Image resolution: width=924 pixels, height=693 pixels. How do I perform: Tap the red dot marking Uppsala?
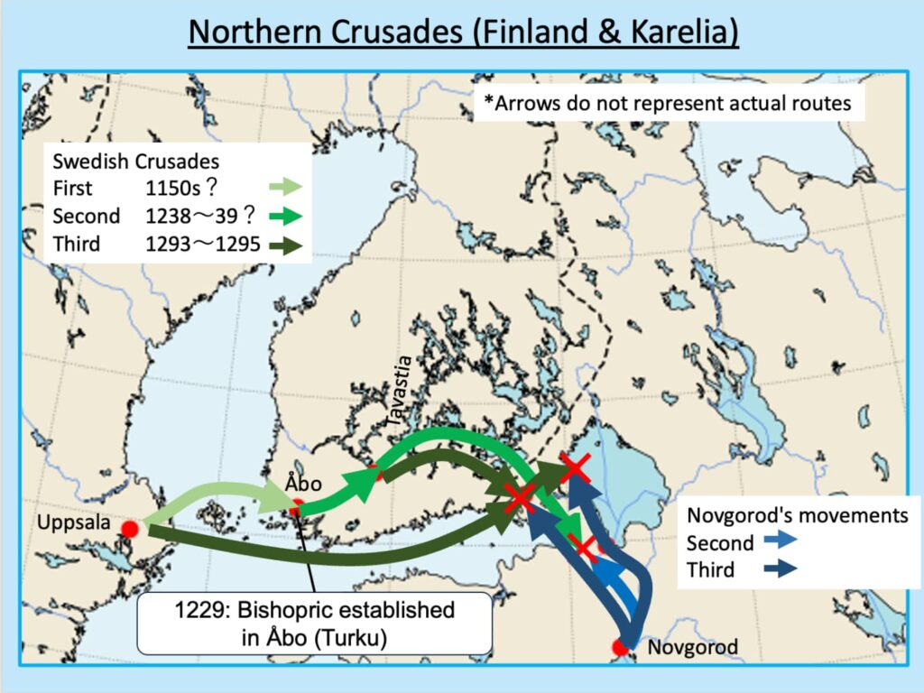pyautogui.click(x=130, y=528)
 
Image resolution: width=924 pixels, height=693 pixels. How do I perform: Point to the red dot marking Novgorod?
pyautogui.click(x=620, y=647)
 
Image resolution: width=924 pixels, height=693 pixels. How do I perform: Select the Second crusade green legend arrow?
pyautogui.click(x=287, y=216)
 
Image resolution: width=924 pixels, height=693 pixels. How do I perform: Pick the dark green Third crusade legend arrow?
pyautogui.click(x=287, y=244)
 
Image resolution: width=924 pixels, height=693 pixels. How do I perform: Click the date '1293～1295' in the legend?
pyautogui.click(x=203, y=244)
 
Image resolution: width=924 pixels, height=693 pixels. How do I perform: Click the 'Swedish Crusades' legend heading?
pyautogui.click(x=136, y=162)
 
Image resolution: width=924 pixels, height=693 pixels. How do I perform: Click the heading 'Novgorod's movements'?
pyautogui.click(x=797, y=515)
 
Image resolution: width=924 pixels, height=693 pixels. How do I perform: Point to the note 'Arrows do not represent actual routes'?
pyautogui.click(x=669, y=103)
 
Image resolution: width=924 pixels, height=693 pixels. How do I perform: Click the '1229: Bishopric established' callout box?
pyautogui.click(x=314, y=623)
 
